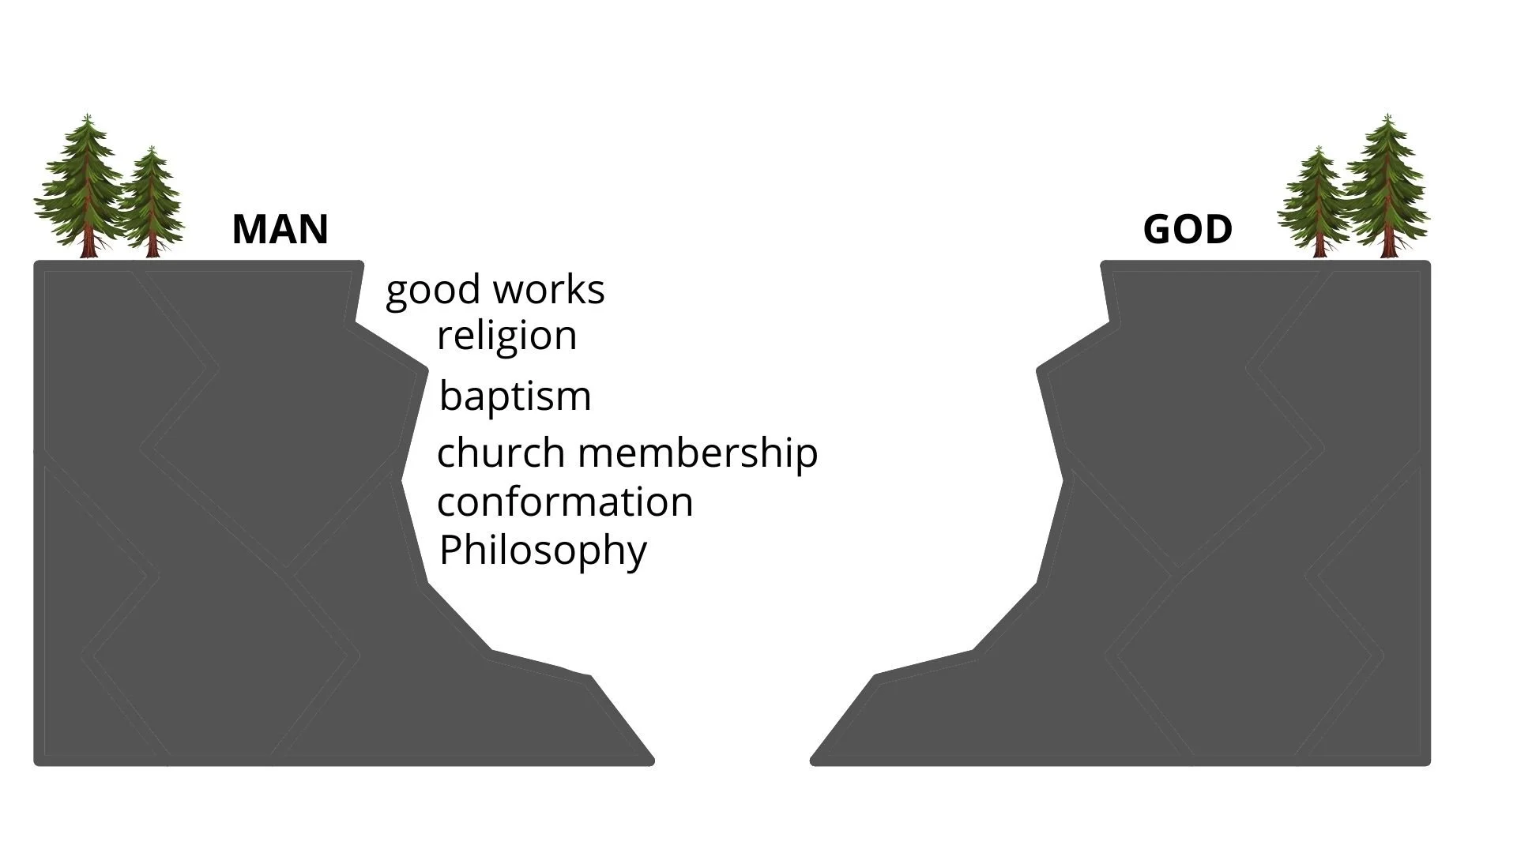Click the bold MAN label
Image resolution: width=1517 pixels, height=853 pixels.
tap(280, 230)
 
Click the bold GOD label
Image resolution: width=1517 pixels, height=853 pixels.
tap(1188, 230)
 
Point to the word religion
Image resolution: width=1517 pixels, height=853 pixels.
tap(506, 336)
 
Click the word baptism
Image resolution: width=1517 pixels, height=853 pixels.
tap(515, 396)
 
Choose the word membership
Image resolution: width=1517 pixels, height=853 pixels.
tap(698, 453)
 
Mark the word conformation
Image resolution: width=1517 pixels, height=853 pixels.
tap(565, 502)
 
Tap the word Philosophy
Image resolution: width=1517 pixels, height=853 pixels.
tap(543, 551)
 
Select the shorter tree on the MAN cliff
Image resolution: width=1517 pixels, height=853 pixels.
tap(150, 201)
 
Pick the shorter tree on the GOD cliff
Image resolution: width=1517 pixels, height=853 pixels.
tap(1317, 201)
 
